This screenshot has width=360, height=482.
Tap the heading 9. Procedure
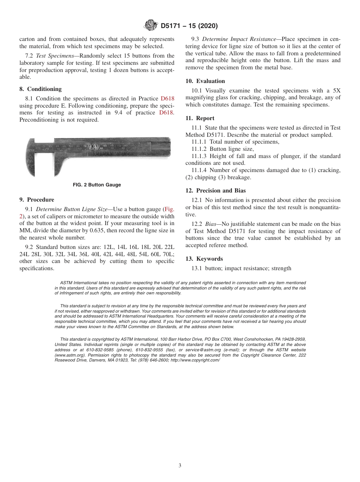tap(37, 200)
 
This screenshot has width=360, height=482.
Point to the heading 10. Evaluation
tap(205, 81)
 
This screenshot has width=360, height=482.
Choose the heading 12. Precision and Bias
tap(216, 191)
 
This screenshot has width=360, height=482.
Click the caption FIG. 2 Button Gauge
tap(97, 185)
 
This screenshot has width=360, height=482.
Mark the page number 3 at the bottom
tap(180, 466)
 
